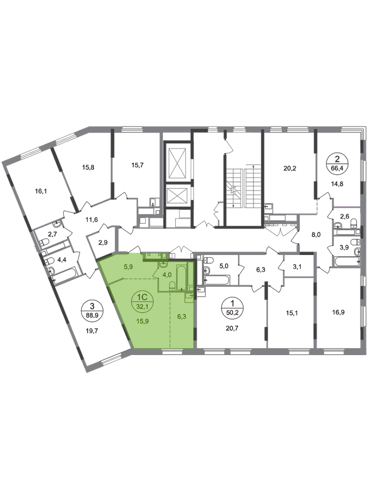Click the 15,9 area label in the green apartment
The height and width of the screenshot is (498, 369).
pos(142,321)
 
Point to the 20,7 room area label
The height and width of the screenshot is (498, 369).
pos(232,328)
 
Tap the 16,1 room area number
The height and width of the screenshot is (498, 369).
pos(41,191)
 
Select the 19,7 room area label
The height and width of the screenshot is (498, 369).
pos(92,331)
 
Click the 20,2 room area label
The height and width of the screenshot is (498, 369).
pos(290,168)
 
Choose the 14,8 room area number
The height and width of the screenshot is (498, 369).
pos(337,184)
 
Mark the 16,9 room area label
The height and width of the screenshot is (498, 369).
pos(339,312)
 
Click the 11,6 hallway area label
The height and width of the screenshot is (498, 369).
pos(92,219)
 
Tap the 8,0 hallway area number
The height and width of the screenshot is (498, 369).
pos(316,235)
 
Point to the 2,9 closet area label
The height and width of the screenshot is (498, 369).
pos(103,243)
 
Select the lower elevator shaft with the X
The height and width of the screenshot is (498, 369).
pos(177,195)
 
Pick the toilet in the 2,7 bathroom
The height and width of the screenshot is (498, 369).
pos(44,243)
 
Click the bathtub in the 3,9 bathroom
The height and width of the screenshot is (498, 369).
pos(347,262)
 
